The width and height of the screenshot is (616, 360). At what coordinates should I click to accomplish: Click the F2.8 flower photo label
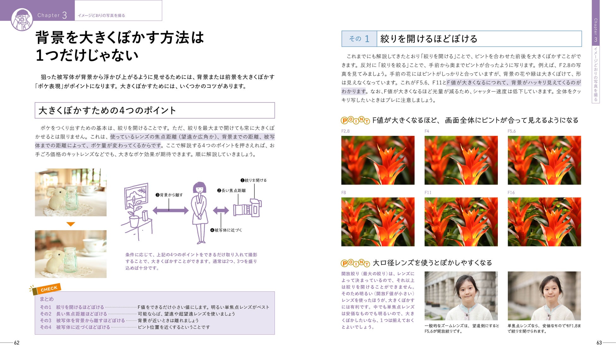345,131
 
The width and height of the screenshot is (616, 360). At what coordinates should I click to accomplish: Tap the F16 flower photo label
511,192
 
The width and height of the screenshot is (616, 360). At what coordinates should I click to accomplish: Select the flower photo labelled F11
461,222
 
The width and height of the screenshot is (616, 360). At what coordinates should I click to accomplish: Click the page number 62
17,343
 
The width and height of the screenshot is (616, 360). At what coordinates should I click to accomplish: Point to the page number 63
599,343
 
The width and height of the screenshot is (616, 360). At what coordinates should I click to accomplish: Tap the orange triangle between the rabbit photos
71,224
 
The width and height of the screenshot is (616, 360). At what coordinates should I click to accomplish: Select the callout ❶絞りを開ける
253,180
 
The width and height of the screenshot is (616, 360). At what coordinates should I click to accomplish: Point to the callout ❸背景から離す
169,195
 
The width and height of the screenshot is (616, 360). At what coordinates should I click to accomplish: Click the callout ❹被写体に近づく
226,230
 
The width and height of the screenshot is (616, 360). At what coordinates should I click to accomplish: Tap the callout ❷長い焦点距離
231,190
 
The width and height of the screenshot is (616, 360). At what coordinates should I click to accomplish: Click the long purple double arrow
171,211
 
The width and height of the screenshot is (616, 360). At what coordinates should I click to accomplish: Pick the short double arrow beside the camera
221,211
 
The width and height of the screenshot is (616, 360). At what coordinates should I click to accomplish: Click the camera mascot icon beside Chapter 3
22,20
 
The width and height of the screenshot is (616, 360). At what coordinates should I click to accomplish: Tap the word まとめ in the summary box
47,299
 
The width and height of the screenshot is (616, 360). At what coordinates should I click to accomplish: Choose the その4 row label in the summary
45,327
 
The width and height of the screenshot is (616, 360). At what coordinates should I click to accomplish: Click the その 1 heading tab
359,39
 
